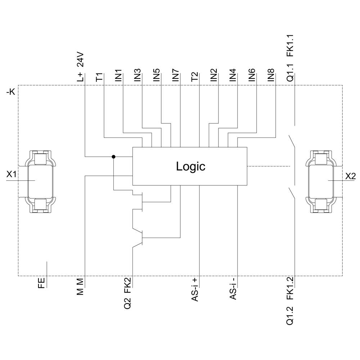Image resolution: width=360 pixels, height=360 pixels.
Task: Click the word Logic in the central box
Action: click(190, 166)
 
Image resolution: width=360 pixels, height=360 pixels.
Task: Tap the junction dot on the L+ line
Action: click(114, 157)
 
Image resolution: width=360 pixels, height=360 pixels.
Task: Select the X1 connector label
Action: click(12, 175)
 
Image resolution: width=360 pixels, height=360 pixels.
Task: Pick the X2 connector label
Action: click(350, 176)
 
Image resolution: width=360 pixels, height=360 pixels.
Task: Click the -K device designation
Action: click(10, 92)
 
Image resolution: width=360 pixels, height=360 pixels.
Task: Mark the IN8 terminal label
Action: click(271, 75)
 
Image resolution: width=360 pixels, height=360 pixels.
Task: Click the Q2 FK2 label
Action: click(128, 293)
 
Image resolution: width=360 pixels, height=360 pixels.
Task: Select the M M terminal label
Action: click(80, 287)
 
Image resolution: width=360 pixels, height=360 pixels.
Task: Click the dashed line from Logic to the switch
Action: click(268, 166)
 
